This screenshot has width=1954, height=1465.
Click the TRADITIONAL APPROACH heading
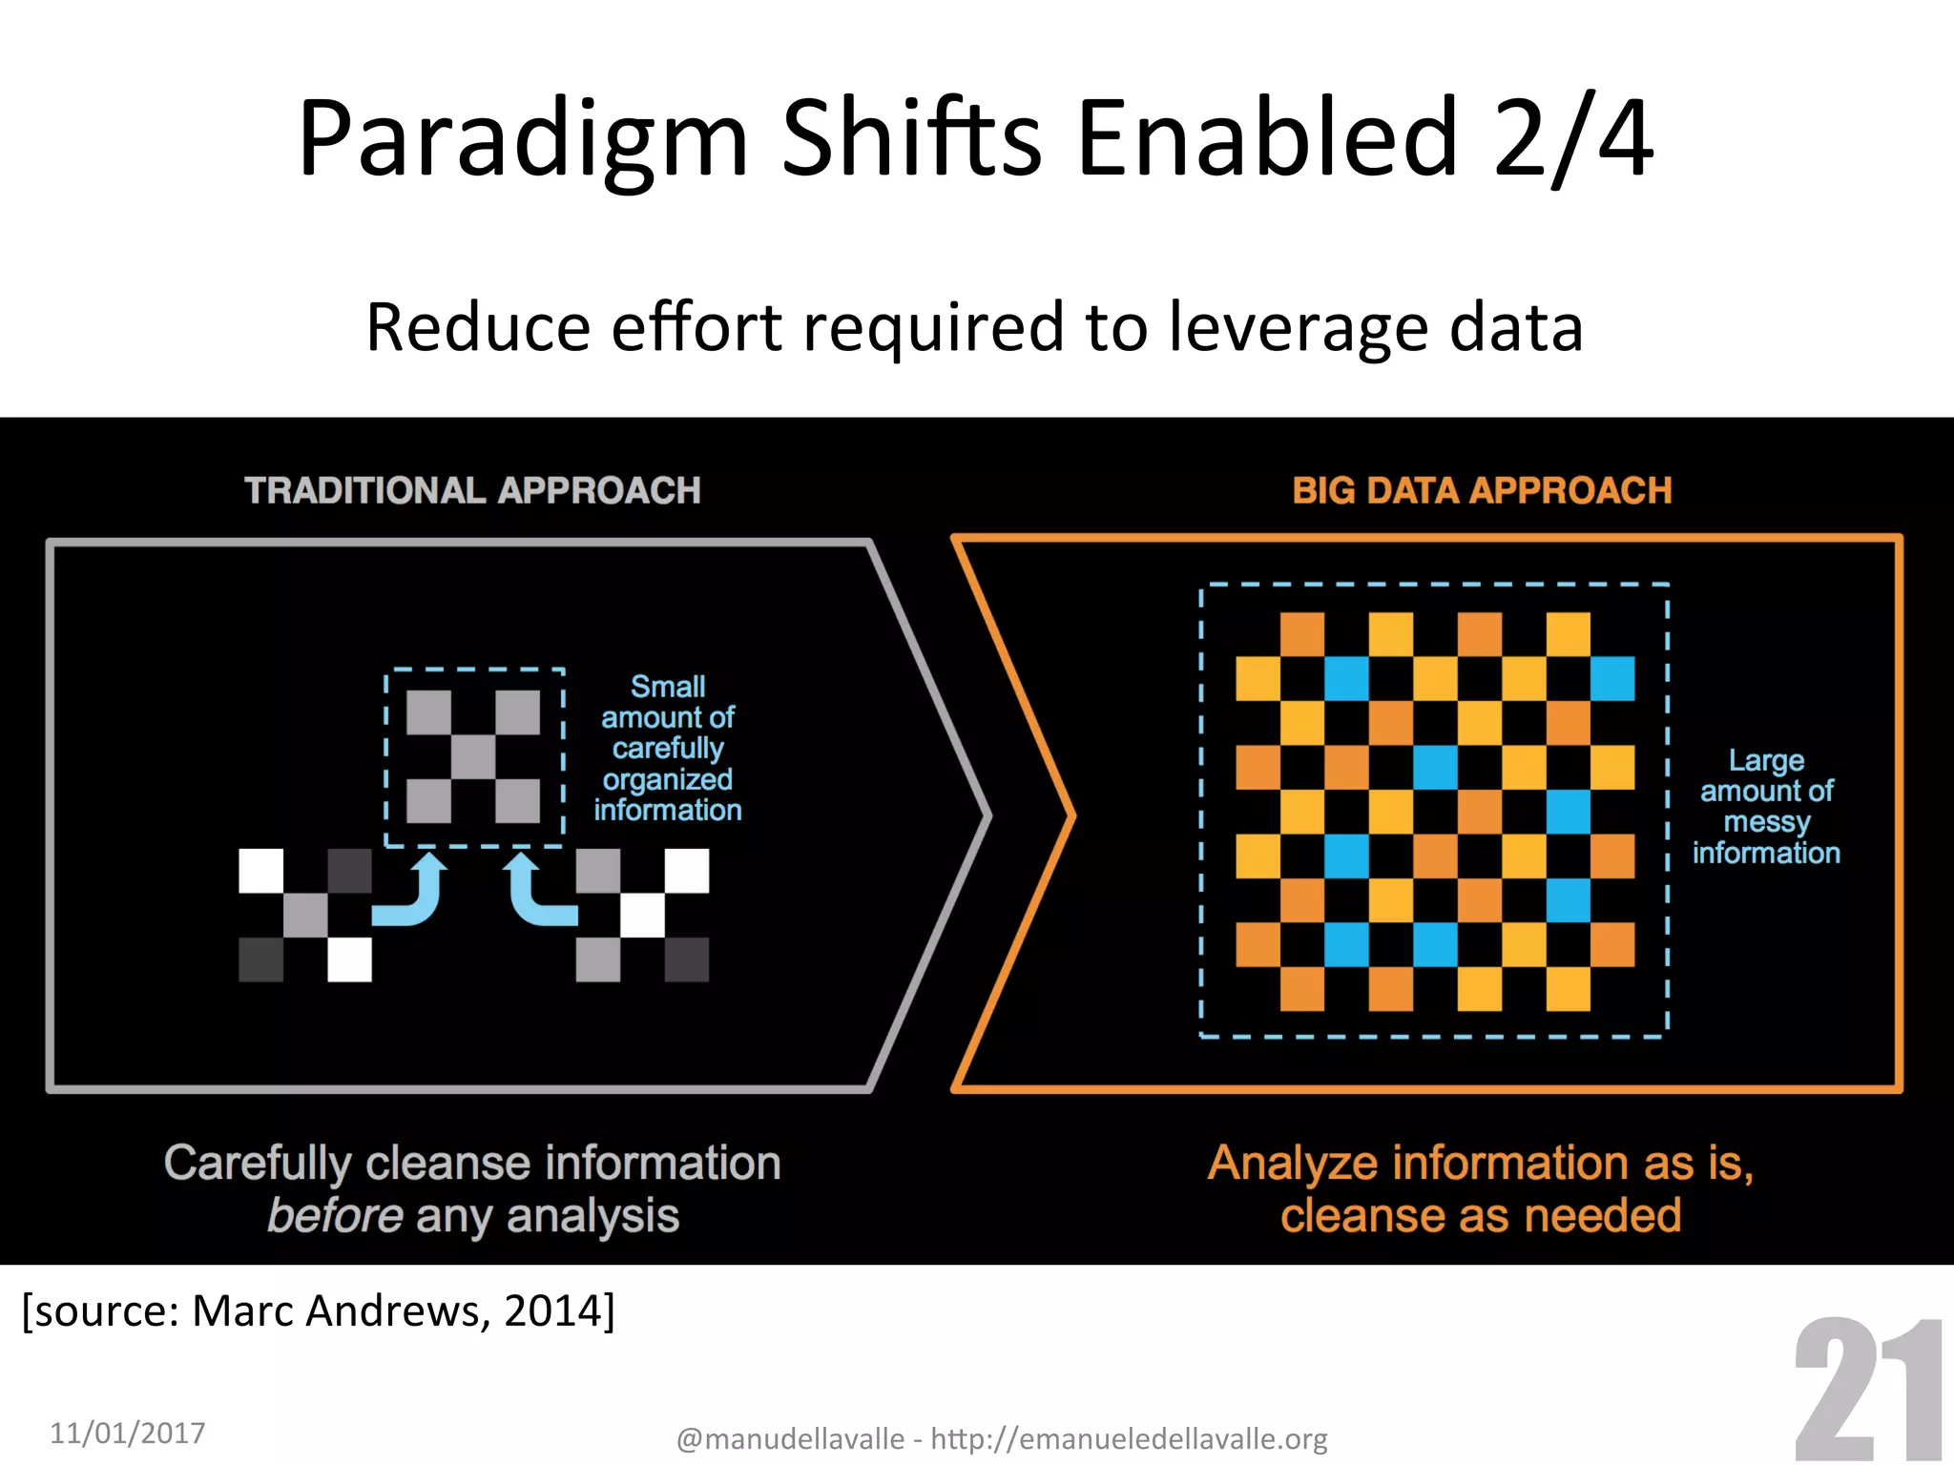472,490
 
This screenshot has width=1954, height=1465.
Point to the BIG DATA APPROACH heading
1482,490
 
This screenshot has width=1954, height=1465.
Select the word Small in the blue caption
668,686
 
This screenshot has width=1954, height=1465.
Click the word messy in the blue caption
1766,821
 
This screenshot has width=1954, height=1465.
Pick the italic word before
335,1216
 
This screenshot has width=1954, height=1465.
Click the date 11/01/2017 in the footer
127,1433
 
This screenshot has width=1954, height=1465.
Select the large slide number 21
1867,1393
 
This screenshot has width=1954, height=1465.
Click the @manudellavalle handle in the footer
790,1438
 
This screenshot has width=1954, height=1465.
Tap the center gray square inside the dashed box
473,756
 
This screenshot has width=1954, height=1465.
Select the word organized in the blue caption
668,779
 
